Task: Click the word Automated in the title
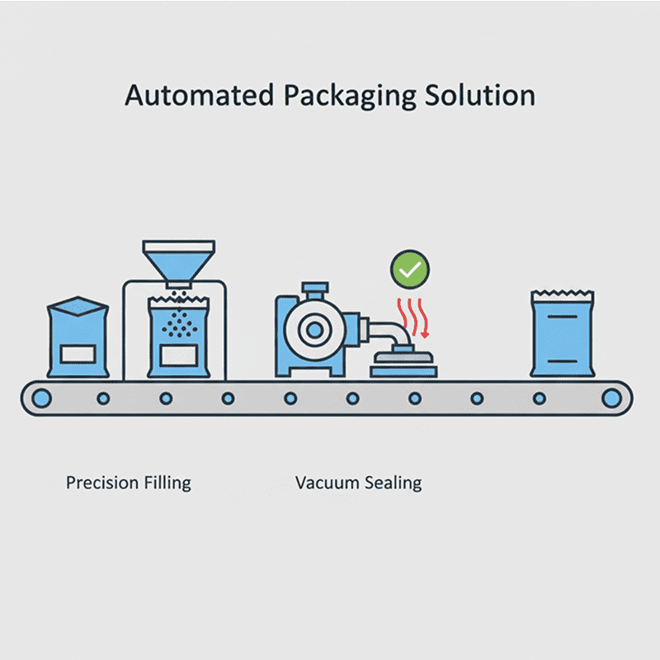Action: [198, 95]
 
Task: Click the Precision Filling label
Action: [129, 483]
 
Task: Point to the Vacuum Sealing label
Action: [358, 483]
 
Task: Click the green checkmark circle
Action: [410, 269]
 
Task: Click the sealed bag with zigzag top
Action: [562, 334]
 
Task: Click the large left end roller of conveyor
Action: [40, 398]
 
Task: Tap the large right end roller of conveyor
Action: [611, 398]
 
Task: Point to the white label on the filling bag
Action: [178, 356]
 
